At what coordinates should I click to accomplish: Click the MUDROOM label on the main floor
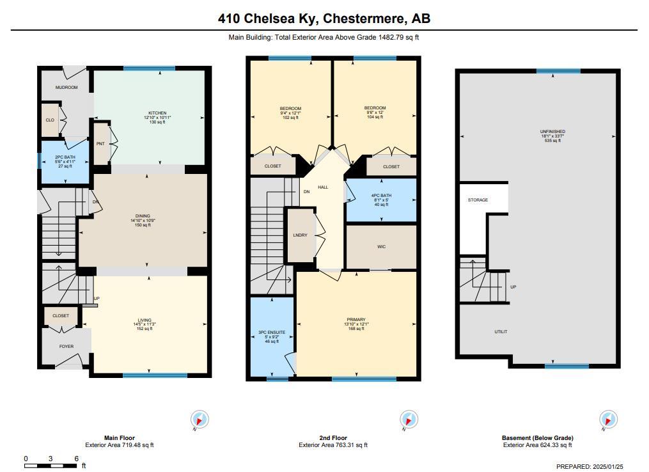point(66,88)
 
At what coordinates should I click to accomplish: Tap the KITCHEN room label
point(157,113)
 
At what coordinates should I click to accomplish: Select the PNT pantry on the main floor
point(100,144)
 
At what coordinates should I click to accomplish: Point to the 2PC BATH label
point(65,157)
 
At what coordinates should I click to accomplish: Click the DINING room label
point(143,216)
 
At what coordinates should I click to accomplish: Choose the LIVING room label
point(145,320)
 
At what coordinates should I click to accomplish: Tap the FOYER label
point(66,346)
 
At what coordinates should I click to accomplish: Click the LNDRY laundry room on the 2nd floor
point(300,235)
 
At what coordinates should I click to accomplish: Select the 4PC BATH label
point(381,196)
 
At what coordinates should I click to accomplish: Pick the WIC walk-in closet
point(381,247)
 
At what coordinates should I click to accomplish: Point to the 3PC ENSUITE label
point(272,333)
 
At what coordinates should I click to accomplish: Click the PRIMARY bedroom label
point(356,320)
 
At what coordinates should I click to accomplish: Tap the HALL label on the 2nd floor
point(323,187)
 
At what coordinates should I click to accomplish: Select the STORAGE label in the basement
point(478,200)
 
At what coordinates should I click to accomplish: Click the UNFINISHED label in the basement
point(552,132)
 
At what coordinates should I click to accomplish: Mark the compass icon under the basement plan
point(608,420)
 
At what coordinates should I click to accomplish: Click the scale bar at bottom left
point(51,466)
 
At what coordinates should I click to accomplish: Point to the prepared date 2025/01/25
point(608,467)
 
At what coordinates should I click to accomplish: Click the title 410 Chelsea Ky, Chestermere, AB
point(324,19)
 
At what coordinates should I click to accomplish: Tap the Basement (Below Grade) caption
point(537,438)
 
